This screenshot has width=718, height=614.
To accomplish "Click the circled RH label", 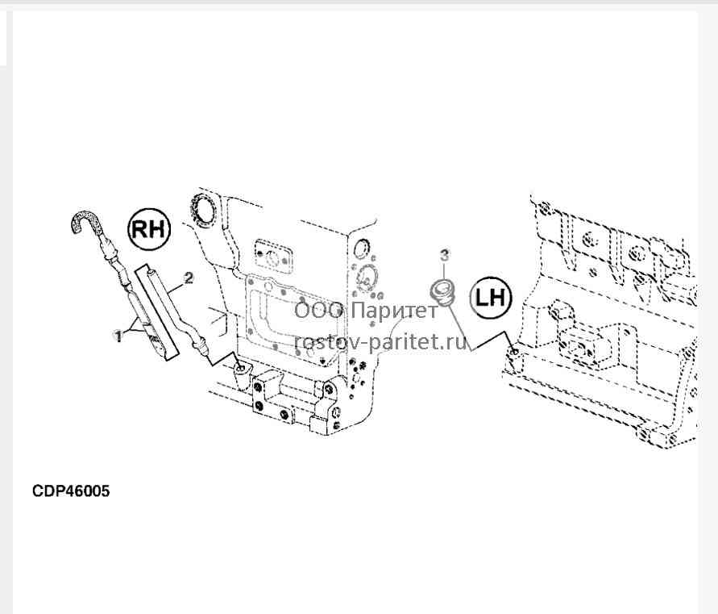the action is click(x=148, y=229).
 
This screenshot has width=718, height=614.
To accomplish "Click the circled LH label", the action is click(x=490, y=298).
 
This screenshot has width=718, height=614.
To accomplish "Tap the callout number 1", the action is click(x=118, y=337).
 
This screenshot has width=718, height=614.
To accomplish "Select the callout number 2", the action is click(x=189, y=278).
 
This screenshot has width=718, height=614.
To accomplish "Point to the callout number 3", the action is click(x=445, y=256).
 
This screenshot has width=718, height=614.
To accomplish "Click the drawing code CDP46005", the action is click(x=71, y=491).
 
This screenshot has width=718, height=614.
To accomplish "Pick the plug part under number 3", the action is click(x=442, y=294).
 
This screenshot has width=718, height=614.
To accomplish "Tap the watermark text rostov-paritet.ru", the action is click(x=381, y=341).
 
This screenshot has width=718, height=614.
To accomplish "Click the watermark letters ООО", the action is click(x=318, y=311).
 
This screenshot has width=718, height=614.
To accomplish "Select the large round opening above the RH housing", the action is click(x=203, y=209).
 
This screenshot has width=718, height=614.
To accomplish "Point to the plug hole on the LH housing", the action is click(x=515, y=352).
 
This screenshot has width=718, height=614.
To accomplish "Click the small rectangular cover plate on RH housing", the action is click(x=272, y=257).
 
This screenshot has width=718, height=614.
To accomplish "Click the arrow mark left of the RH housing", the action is click(x=218, y=317).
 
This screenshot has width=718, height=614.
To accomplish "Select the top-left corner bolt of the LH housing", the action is click(x=544, y=210).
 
